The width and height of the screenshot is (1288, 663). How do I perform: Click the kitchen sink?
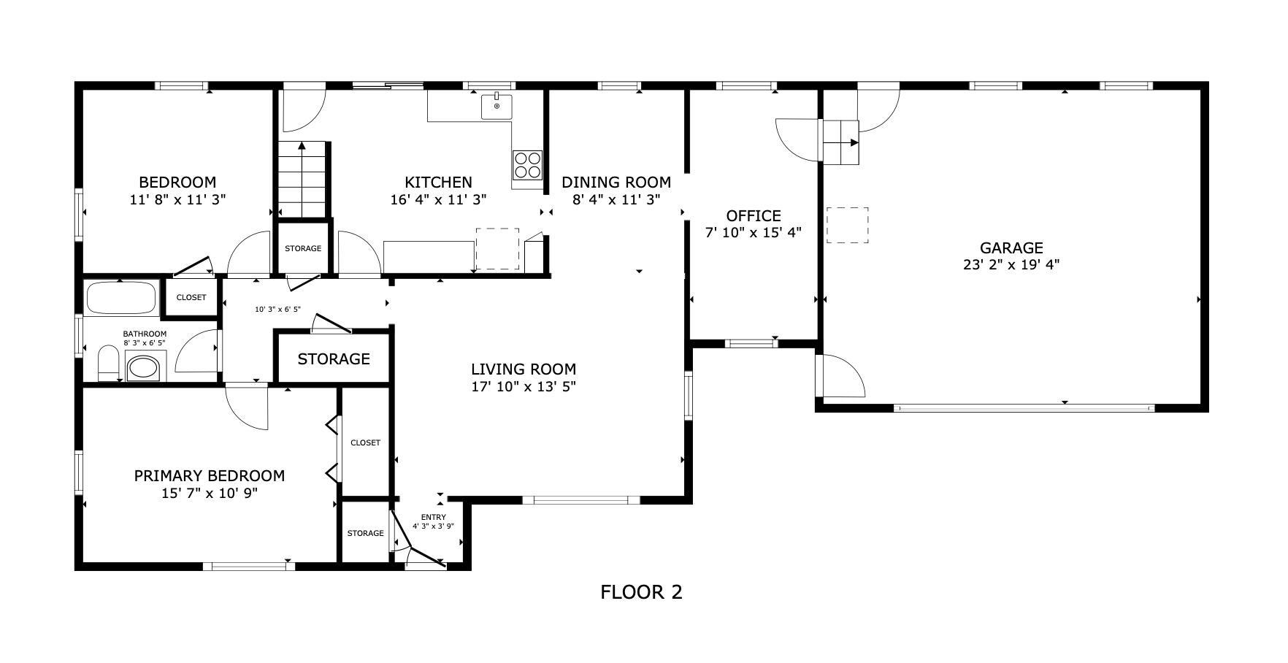(x=497, y=106)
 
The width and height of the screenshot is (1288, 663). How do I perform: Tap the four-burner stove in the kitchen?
(x=527, y=164)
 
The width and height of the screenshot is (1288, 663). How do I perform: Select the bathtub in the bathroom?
(x=121, y=298)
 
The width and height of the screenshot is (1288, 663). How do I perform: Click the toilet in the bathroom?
(x=109, y=364)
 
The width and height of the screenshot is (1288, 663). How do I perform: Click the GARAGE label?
(x=1011, y=248)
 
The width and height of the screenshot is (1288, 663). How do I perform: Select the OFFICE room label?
(x=754, y=216)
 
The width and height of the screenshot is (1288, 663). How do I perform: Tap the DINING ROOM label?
(x=616, y=182)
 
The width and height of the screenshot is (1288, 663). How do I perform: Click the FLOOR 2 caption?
(x=641, y=591)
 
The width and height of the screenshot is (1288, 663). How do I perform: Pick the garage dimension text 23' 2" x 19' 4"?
(x=1011, y=264)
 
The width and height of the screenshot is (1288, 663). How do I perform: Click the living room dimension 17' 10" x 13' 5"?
(x=524, y=386)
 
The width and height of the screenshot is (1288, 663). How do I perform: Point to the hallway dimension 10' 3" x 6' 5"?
(x=277, y=310)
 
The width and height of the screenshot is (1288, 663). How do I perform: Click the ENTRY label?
(x=434, y=518)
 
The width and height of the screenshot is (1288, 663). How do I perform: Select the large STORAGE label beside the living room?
(x=334, y=359)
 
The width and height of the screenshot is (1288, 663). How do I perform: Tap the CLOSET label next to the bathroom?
(x=191, y=298)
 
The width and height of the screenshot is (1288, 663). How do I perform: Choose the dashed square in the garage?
(x=848, y=225)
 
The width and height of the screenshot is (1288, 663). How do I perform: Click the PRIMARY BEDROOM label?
(x=209, y=476)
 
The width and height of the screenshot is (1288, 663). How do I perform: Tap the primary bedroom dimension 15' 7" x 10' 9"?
(x=209, y=493)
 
